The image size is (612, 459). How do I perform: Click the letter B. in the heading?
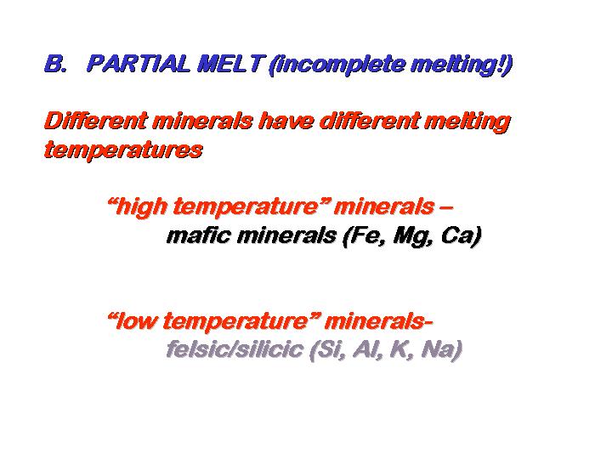[55, 64]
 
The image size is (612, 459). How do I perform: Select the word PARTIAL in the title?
[139, 64]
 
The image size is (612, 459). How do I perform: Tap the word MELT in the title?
[229, 64]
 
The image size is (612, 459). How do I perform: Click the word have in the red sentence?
[287, 121]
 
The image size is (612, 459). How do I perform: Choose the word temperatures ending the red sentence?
[123, 150]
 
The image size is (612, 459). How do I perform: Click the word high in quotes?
[141, 207]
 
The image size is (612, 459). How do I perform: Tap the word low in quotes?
[137, 321]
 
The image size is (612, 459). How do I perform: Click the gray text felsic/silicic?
[235, 349]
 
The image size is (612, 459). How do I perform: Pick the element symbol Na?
[438, 349]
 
